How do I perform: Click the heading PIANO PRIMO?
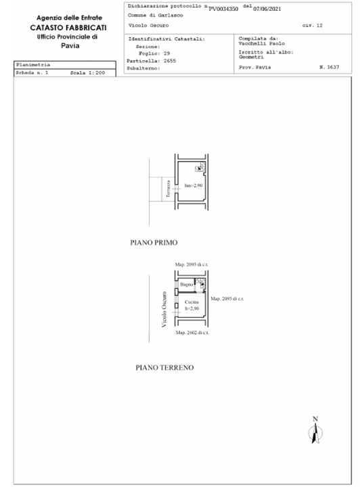point(158,241)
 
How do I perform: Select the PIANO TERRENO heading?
point(164,368)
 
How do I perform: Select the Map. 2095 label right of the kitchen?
point(227,298)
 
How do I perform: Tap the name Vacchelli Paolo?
point(260,44)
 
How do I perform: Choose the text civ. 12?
point(312,25)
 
